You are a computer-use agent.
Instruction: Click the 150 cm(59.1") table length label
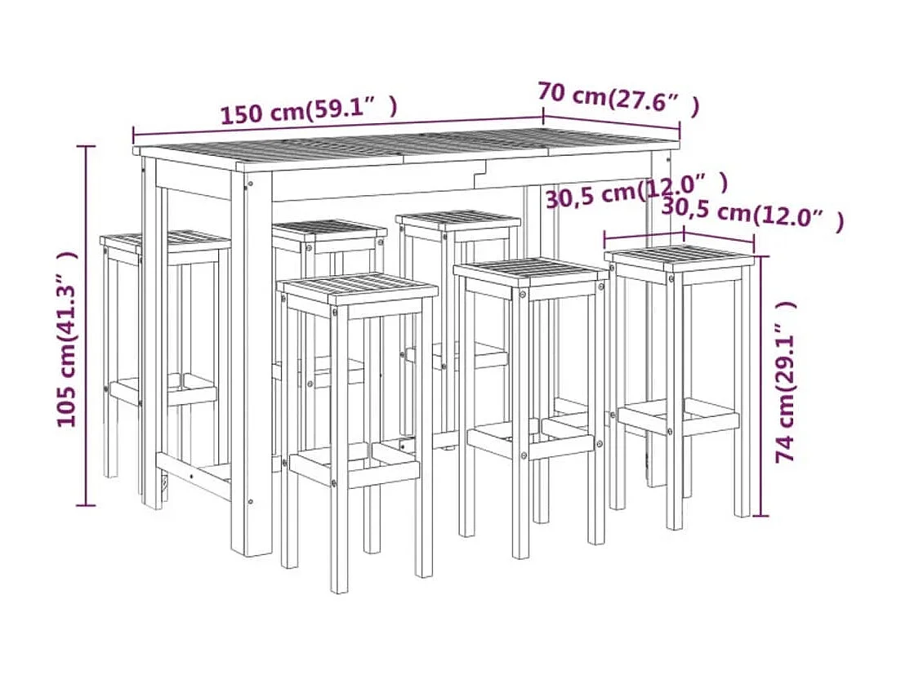(x=309, y=109)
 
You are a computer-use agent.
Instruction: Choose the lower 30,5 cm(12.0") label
(x=753, y=214)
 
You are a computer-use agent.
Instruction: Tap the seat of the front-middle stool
(x=531, y=276)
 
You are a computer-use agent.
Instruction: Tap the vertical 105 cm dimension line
(x=87, y=326)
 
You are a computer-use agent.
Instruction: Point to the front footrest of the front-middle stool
(x=530, y=444)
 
